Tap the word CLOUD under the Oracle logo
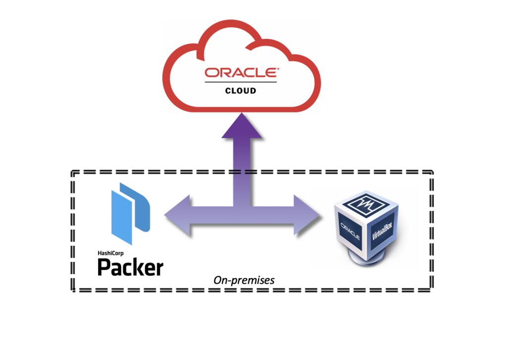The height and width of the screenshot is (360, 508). click(241, 91)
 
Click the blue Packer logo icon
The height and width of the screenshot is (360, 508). click(130, 213)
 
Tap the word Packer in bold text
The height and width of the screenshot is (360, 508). click(130, 268)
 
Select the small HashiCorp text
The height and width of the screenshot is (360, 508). click(110, 252)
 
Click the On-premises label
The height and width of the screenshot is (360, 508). click(244, 280)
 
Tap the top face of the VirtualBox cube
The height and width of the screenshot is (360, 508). click(368, 203)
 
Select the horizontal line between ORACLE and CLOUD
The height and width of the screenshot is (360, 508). click(241, 82)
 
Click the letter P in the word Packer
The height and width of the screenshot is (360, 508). click(104, 267)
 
